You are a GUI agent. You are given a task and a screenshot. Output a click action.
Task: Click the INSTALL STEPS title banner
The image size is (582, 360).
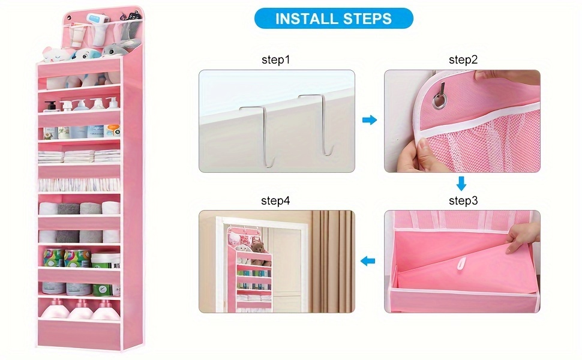[334, 18]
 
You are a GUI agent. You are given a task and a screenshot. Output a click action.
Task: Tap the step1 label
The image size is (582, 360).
[276, 60]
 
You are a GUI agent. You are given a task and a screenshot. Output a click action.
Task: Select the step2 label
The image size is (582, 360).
[463, 60]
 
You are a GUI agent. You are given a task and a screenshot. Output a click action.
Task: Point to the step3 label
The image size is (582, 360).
[463, 201]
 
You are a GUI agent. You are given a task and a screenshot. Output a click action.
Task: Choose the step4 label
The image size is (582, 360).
[275, 201]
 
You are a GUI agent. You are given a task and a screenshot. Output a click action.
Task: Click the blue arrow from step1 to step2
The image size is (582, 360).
[370, 120]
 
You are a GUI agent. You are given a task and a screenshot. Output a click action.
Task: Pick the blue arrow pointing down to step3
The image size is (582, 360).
[461, 184]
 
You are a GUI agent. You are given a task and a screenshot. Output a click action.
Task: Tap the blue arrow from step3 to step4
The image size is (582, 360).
[367, 261]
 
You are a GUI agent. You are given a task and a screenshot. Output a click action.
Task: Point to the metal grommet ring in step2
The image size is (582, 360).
[439, 101]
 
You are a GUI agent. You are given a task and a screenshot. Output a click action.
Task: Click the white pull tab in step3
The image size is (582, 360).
[461, 264]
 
